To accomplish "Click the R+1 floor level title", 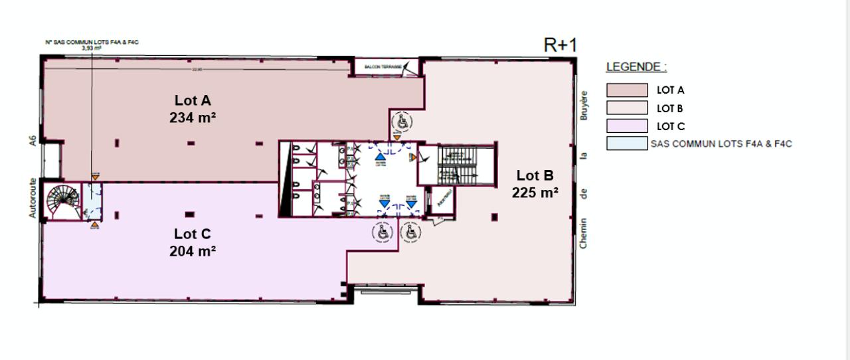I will [560, 45].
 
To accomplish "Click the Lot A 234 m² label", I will [193, 109].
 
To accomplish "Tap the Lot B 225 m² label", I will [535, 184].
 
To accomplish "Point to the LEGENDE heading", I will [636, 67].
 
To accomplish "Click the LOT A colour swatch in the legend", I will [626, 90].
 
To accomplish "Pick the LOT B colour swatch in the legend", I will [626, 108].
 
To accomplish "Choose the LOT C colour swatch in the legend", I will [626, 126].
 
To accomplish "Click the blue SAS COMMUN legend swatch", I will [626, 143].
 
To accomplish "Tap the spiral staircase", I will [62, 201].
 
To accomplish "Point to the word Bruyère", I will [584, 106].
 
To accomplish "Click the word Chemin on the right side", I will [584, 233].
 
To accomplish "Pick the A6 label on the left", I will [32, 142].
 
